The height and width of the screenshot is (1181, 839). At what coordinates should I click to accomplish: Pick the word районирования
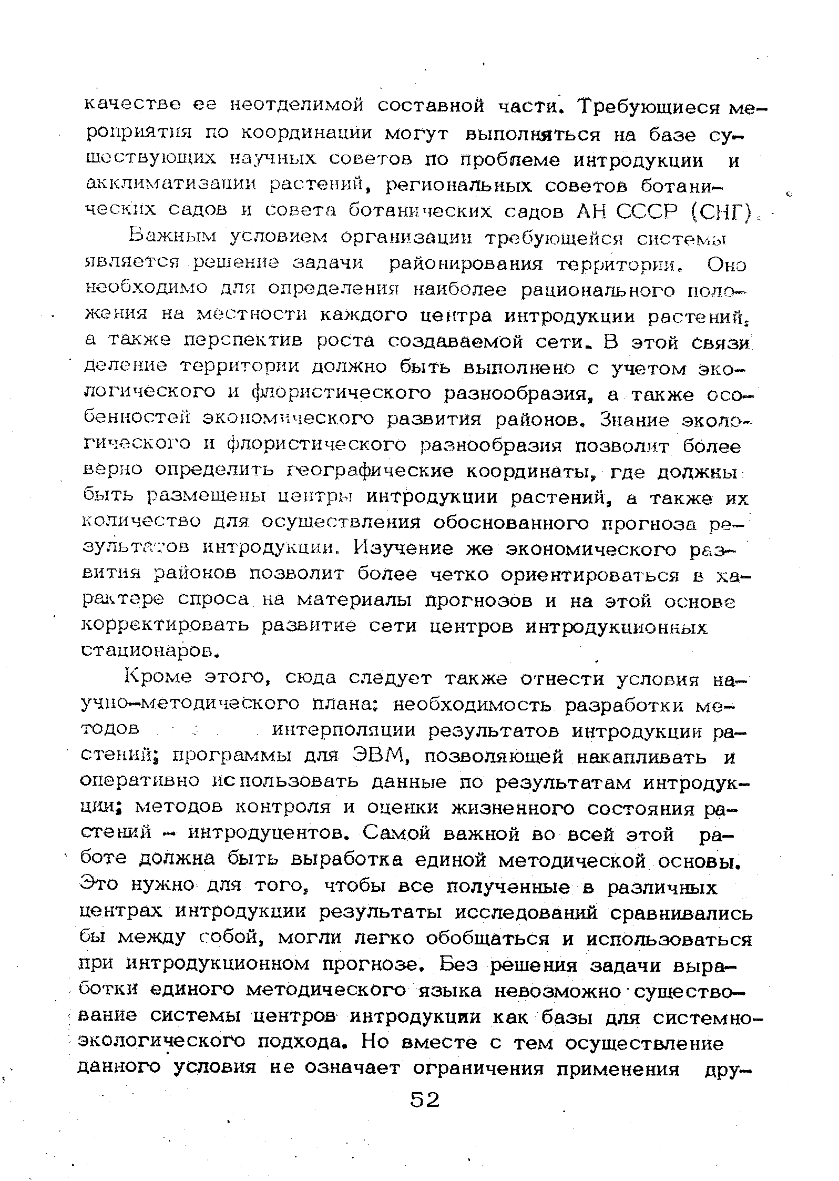click(465, 263)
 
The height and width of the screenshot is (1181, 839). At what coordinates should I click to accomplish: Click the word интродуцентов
click(259, 834)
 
